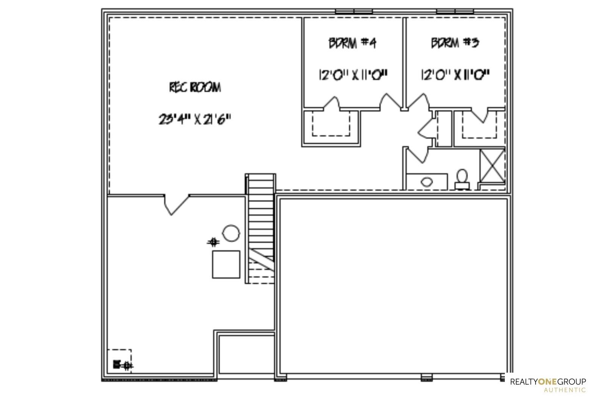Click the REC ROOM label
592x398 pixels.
point(195,87)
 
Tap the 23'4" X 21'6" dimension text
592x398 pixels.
point(195,119)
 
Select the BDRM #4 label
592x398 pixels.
point(352,43)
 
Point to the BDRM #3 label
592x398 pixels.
point(455,43)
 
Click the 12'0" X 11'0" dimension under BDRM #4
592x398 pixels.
point(353,75)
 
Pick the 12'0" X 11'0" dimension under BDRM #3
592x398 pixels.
point(455,75)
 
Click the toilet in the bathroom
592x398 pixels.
point(462,179)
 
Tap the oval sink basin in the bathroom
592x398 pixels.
point(426,182)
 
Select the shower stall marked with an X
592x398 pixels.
point(492,166)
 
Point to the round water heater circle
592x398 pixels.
point(231,233)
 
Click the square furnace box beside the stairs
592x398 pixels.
point(226,264)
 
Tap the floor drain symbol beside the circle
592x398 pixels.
point(213,242)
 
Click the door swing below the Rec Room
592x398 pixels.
point(177,205)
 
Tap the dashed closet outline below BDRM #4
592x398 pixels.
point(331,123)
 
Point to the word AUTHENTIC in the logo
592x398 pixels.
point(565,390)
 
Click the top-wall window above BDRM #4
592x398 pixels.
point(354,12)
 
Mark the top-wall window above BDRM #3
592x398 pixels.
point(455,12)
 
